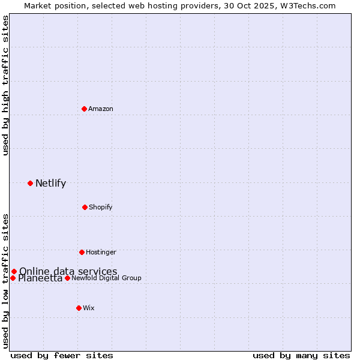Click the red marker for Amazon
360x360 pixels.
pyautogui.click(x=84, y=109)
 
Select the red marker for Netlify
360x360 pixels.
pyautogui.click(x=30, y=183)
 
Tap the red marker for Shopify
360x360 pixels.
pyautogui.click(x=85, y=207)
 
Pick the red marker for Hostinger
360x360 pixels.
pyautogui.click(x=82, y=252)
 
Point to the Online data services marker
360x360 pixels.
pyautogui.click(x=14, y=271)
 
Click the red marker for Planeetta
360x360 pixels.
pyautogui.click(x=13, y=278)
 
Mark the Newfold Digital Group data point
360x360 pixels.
pyautogui.click(x=67, y=278)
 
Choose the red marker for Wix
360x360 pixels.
pyautogui.click(x=79, y=308)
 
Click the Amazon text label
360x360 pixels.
pyautogui.click(x=101, y=109)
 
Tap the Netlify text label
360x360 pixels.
pyautogui.click(x=50, y=183)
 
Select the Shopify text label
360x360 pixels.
pyautogui.click(x=101, y=207)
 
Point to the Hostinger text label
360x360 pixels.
pyautogui.click(x=101, y=252)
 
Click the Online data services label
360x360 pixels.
pyautogui.click(x=68, y=271)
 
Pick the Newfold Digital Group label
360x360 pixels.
pyautogui.click(x=106, y=278)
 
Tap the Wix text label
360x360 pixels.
pyautogui.click(x=89, y=308)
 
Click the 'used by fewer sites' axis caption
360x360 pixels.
pyautogui.click(x=62, y=355)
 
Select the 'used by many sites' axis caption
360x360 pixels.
pyautogui.click(x=301, y=355)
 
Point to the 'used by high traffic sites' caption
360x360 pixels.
pyautogui.click(x=5, y=85)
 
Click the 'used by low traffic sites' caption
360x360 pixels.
pyautogui.click(x=5, y=280)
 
